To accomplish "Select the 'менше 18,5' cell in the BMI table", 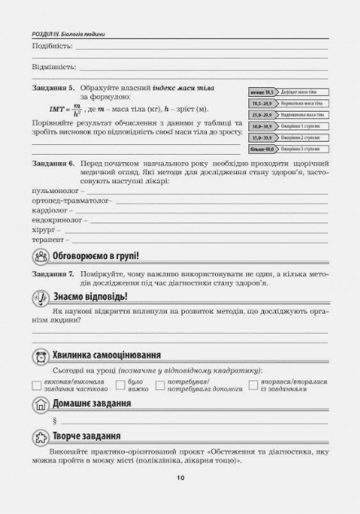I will click(x=261, y=94).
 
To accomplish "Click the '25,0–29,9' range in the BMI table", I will click(x=261, y=116).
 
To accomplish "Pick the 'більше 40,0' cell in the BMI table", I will click(x=261, y=149).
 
